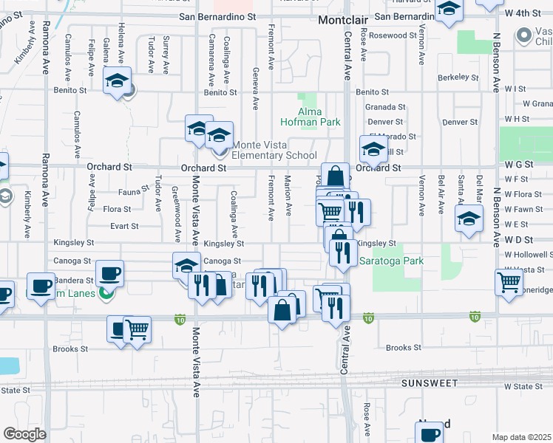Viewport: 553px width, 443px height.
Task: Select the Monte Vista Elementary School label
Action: pyautogui.click(x=274, y=150)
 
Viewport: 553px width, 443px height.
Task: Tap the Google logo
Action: pyautogui.click(x=24, y=433)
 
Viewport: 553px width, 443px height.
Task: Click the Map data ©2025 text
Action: pyautogui.click(x=521, y=437)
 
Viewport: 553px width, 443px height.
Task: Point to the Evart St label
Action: pyautogui.click(x=125, y=227)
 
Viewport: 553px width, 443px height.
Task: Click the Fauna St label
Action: pyautogui.click(x=129, y=191)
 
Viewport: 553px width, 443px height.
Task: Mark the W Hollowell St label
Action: pyautogui.click(x=529, y=254)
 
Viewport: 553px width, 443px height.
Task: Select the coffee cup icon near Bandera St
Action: pyautogui.click(x=110, y=272)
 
